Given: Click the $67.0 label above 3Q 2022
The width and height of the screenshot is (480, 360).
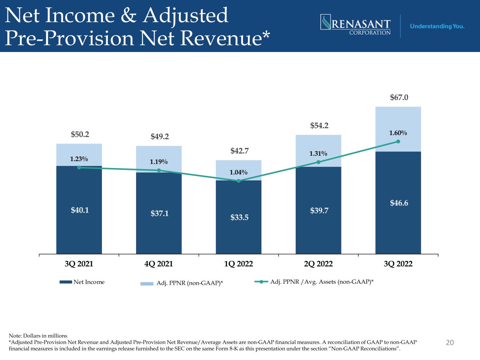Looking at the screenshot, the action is pos(399,97).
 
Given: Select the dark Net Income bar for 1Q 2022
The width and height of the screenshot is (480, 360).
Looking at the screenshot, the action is pos(238,217).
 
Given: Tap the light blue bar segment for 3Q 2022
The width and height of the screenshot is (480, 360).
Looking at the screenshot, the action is pos(398,129).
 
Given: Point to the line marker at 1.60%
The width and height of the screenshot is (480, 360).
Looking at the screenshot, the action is pos(398,141).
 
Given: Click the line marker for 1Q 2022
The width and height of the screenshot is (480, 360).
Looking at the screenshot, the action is pos(238,181).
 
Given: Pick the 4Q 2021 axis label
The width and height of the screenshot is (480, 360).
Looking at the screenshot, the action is pos(159,264).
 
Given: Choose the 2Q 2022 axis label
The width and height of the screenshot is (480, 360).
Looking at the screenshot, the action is pos(318,264).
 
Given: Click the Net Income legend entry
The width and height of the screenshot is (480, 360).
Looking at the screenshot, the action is pos(82,282).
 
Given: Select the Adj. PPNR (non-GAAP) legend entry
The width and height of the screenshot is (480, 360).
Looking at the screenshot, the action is pos(181,283).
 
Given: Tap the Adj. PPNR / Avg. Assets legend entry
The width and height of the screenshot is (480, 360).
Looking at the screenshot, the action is pos(314,282).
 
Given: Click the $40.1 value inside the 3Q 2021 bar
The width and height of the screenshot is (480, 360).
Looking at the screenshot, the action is pos(80,210).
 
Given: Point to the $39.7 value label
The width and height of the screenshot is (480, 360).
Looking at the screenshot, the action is pos(319,211).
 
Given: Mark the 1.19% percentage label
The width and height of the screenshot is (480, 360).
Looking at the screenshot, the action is pos(159,162).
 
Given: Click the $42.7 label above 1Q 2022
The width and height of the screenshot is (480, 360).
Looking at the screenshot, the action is pos(239,151).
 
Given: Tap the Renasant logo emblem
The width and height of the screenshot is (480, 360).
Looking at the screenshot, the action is pos(326,22).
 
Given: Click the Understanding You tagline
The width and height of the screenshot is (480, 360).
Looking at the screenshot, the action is pos(437,26).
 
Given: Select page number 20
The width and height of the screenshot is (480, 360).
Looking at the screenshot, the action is pos(450,342).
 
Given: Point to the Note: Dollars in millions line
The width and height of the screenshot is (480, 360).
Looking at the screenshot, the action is pos(38,336).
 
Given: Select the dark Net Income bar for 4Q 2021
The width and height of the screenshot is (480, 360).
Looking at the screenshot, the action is pos(159,213).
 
